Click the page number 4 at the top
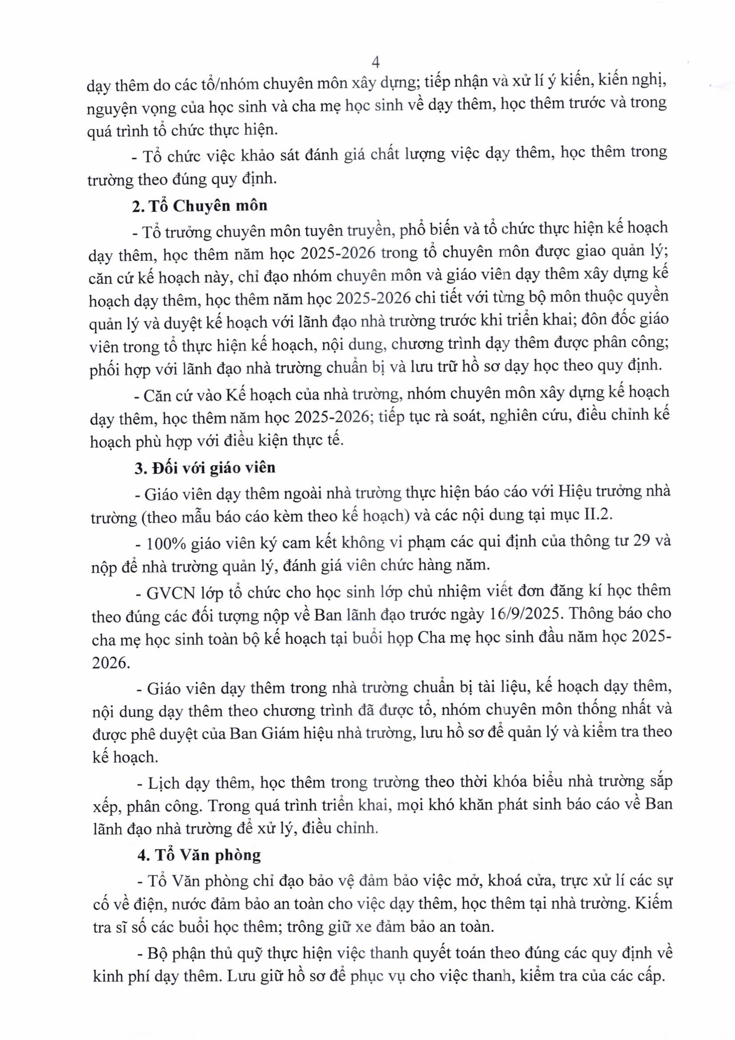[375, 62]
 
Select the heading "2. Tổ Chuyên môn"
[200, 206]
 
